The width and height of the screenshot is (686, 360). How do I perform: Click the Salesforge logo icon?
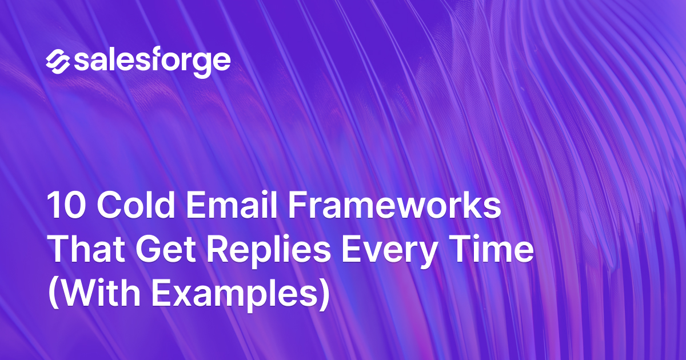point(57,61)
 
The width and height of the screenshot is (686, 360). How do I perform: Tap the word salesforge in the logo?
point(152,61)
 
